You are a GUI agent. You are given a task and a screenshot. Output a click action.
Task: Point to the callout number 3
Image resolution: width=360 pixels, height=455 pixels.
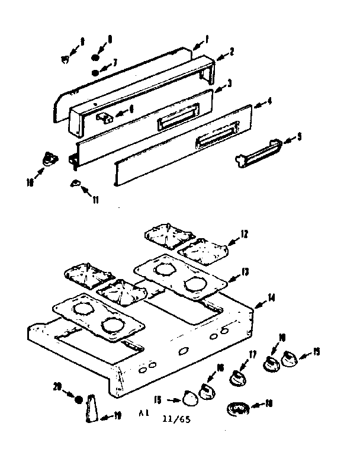point(229,82)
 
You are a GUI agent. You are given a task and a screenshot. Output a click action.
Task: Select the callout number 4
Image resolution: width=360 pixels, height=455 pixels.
point(269,101)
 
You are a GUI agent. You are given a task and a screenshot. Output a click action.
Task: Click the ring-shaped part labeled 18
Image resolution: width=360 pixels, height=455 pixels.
point(237,409)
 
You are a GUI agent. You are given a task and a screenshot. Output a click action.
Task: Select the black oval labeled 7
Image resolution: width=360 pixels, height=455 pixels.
point(95,72)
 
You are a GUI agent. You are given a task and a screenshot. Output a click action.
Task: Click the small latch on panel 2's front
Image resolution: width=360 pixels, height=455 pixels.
point(103,116)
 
